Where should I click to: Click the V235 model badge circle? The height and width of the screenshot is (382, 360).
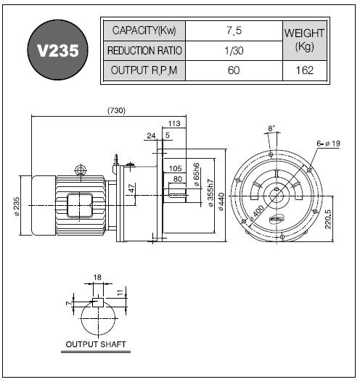tap(57, 50)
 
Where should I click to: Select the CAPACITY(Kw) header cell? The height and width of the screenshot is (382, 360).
tap(144, 30)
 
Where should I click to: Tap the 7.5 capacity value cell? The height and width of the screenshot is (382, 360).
tap(234, 30)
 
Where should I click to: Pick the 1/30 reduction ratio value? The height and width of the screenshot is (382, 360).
tap(234, 51)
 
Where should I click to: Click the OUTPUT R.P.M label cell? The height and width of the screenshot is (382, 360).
tap(144, 70)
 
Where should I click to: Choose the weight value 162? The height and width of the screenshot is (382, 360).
tap(305, 70)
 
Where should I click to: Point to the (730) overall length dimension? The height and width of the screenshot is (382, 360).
tap(117, 111)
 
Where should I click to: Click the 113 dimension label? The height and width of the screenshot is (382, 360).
tap(174, 123)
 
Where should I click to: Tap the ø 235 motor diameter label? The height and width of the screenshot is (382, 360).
tap(17, 206)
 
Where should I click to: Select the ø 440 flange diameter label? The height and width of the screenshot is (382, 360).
tap(221, 202)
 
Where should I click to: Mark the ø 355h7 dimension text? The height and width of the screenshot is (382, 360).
tap(210, 193)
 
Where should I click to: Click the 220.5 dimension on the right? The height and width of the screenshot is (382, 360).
tap(328, 219)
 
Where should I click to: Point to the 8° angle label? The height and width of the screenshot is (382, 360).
tap(271, 128)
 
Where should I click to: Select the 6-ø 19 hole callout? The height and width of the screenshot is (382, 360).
tap(328, 144)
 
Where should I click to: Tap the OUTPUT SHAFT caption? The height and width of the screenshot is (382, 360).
tap(96, 344)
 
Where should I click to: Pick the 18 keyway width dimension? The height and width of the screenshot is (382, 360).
tap(97, 277)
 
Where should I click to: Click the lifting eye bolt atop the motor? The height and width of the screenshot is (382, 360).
tap(81, 170)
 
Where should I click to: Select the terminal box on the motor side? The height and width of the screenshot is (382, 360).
tap(80, 205)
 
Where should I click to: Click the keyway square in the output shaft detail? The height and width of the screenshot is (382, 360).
tap(98, 302)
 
